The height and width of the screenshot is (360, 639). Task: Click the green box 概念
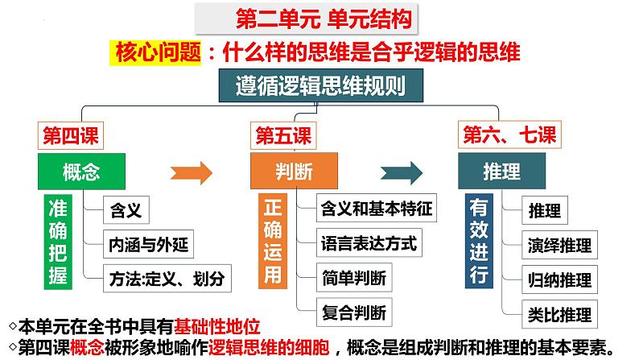click(83, 171)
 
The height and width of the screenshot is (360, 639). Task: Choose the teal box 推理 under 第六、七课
click(501, 171)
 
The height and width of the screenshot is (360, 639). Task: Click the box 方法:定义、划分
click(167, 279)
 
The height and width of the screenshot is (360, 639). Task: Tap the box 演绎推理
click(560, 245)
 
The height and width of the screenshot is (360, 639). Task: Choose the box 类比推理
click(560, 313)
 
